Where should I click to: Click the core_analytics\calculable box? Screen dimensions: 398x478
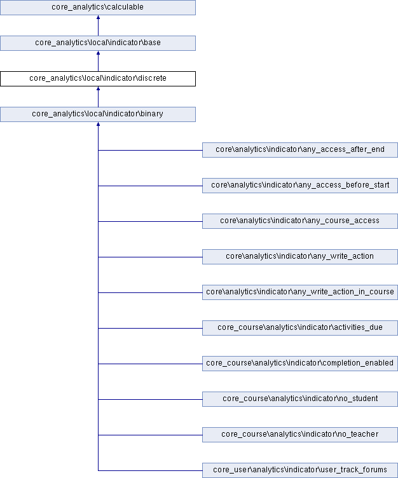[98, 8]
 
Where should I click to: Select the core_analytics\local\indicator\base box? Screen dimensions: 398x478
[98, 43]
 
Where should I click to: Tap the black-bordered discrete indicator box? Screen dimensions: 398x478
[98, 79]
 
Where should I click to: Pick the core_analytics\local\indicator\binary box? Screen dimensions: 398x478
[98, 114]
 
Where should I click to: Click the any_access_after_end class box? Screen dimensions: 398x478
[300, 150]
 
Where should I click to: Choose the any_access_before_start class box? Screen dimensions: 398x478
[300, 186]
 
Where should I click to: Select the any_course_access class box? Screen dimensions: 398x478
[300, 221]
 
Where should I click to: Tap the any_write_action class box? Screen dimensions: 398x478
[300, 257]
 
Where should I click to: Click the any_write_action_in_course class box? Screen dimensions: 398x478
[300, 292]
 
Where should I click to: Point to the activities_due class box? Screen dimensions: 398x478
[300, 328]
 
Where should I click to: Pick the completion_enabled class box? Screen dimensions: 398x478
[300, 364]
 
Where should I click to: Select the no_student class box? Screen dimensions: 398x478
[300, 399]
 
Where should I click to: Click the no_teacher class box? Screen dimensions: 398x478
[300, 435]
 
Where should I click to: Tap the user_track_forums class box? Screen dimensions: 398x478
[300, 470]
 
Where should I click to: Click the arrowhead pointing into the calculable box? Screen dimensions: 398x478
[98, 17]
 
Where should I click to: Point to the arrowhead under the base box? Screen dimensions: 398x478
[98, 53]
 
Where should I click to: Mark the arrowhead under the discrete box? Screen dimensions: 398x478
[98, 88]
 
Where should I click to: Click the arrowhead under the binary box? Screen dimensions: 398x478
[98, 124]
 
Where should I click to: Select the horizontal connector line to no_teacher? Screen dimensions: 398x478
[150, 435]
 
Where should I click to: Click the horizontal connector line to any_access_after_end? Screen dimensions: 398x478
[150, 150]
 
